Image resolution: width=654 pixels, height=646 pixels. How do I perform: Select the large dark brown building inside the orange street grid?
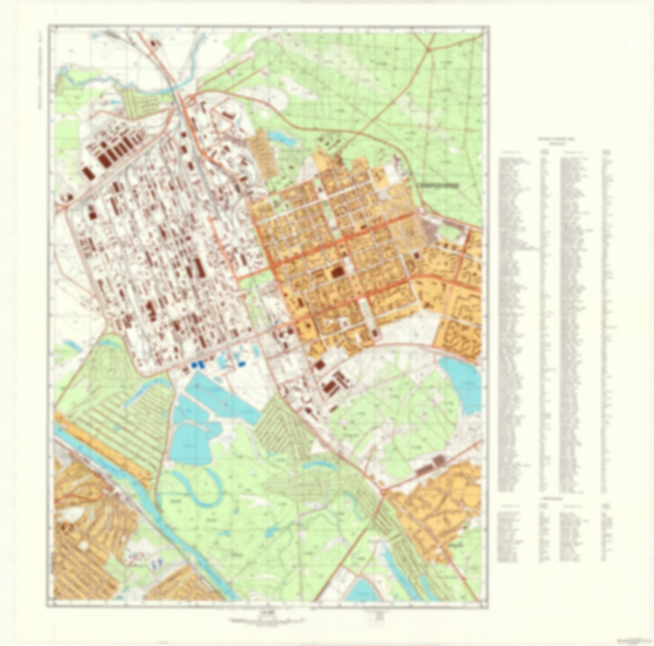[337, 272]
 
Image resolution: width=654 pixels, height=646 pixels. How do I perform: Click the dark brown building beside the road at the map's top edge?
[154, 43]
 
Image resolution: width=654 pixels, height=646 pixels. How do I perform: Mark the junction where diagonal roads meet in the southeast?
[384, 491]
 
